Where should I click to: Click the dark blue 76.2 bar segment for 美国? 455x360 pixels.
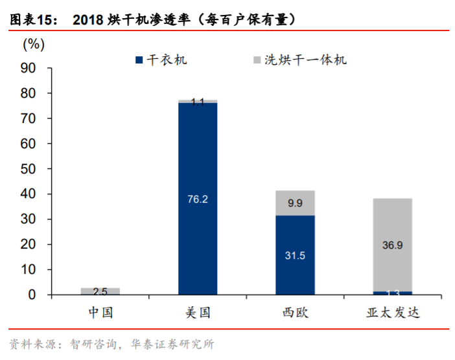click(x=198, y=199)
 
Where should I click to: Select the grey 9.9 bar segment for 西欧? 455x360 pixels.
click(x=295, y=203)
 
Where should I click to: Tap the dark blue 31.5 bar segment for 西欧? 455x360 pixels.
click(x=295, y=255)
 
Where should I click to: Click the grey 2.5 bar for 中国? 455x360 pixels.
click(x=100, y=291)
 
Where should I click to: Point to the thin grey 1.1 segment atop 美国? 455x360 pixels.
click(x=198, y=101)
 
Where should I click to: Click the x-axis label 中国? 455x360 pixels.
click(x=100, y=313)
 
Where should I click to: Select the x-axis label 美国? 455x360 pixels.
click(x=198, y=313)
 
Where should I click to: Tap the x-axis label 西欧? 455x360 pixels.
click(x=295, y=313)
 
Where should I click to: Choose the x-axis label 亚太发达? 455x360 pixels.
click(x=392, y=313)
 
